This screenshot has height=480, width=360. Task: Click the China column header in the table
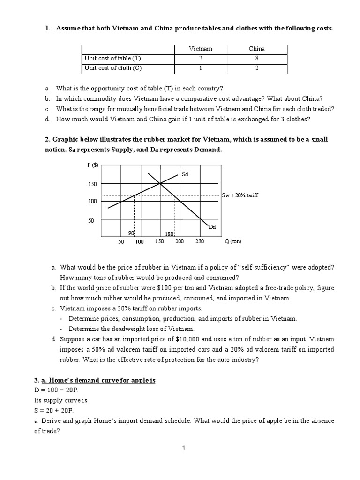tap(256, 49)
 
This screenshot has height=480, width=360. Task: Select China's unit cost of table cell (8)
tap(256, 59)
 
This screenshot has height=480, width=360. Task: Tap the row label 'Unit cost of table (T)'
tap(112, 59)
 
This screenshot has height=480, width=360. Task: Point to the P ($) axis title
tap(93, 165)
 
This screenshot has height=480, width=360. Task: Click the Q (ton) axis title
tap(233, 241)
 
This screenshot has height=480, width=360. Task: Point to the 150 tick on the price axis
tap(92, 184)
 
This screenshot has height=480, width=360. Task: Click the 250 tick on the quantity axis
tap(199, 241)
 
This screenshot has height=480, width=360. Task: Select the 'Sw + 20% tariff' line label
tap(240, 195)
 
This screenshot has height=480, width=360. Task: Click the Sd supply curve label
tap(185, 174)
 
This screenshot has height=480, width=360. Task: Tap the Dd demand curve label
tap(212, 227)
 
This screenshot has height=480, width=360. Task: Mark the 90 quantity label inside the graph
tap(131, 233)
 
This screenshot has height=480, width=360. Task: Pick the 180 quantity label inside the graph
tap(169, 233)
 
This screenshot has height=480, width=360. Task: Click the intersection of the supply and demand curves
tap(160, 183)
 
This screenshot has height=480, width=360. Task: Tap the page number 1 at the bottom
tap(184, 448)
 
